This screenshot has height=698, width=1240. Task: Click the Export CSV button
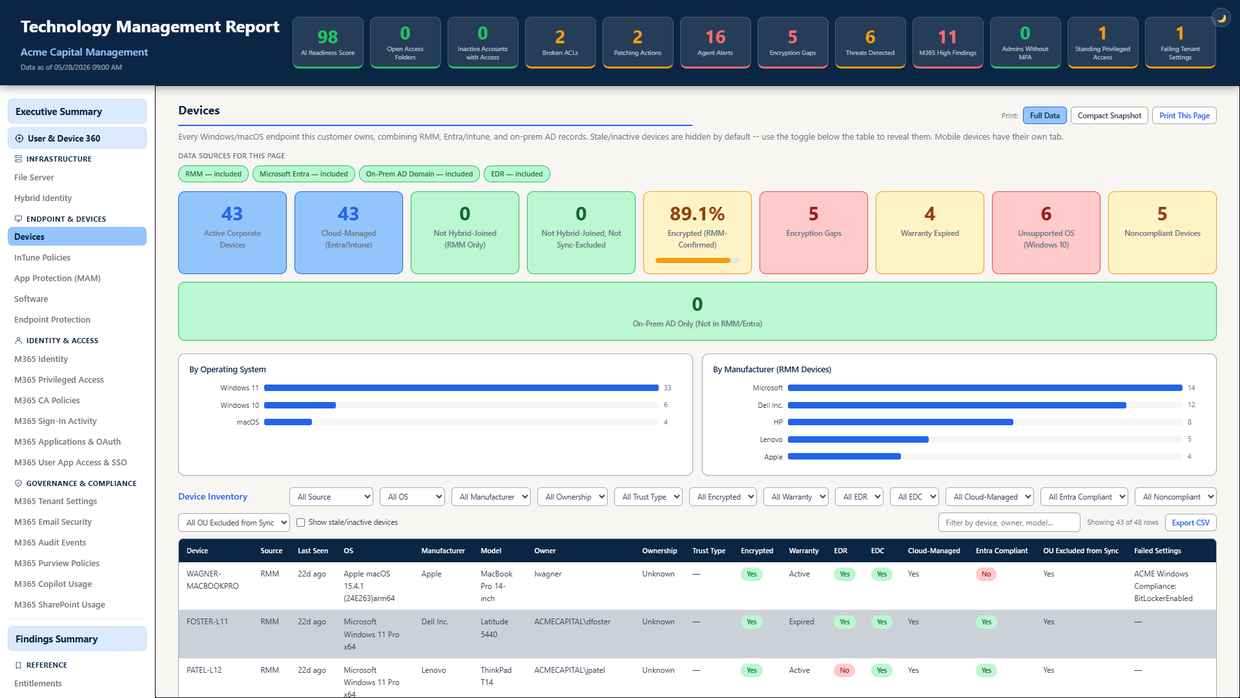coord(1190,523)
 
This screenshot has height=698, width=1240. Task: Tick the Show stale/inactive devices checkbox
coord(300,523)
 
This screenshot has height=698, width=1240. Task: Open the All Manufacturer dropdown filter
coord(491,497)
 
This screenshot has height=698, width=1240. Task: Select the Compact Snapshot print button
coord(1110,116)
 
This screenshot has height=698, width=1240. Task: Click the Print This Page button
coord(1184,116)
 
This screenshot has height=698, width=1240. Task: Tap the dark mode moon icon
coord(1221,18)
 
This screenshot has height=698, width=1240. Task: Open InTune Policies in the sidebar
coord(43,257)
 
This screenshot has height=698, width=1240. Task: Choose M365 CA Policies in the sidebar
coord(47,400)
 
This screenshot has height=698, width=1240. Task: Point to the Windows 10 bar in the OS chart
coord(300,405)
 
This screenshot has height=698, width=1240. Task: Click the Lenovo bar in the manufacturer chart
coord(858,439)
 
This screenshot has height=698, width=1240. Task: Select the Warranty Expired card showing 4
coord(930,233)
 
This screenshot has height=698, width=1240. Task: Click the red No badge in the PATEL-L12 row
coord(844,670)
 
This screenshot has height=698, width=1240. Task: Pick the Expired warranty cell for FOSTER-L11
coord(801,622)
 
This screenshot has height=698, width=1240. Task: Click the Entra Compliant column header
coord(1002,551)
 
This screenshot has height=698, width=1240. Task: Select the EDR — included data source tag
coord(517,174)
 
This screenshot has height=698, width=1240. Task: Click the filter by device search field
coord(1009,523)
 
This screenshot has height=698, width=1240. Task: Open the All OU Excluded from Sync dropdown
coord(234,523)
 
